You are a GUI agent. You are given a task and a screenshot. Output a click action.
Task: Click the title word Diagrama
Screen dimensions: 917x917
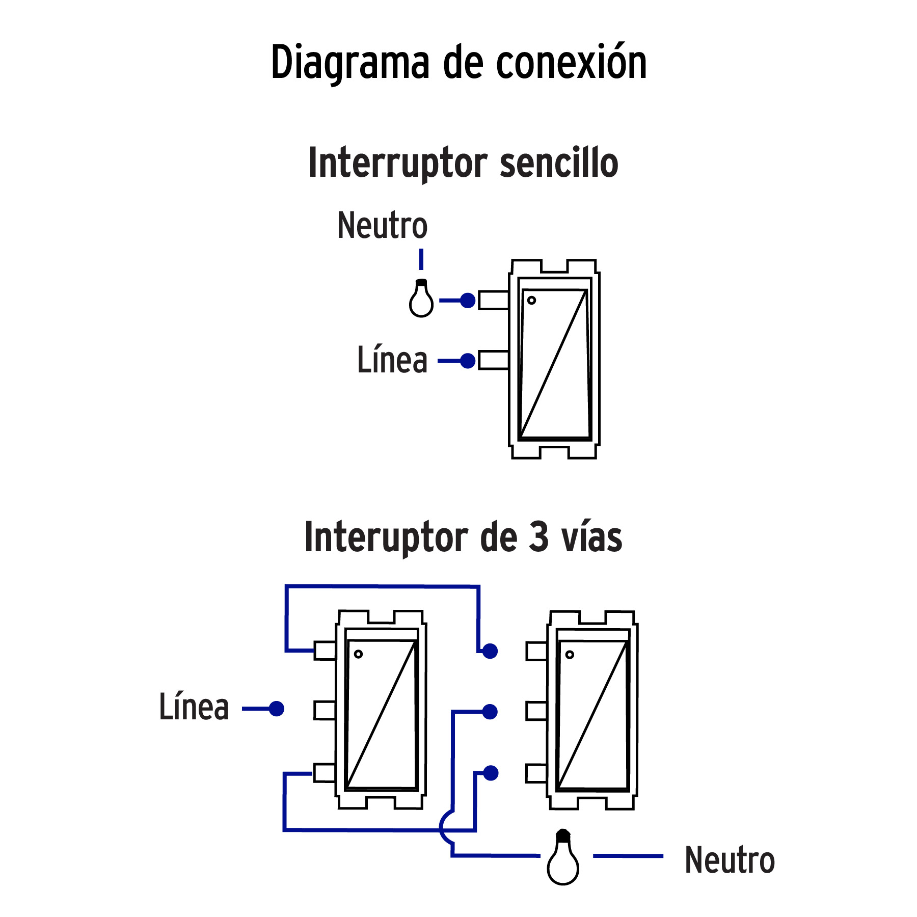click(350, 63)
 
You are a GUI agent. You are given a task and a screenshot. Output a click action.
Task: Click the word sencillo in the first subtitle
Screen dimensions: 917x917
click(559, 163)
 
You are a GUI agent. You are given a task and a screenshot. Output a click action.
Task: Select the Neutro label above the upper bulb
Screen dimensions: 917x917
click(382, 226)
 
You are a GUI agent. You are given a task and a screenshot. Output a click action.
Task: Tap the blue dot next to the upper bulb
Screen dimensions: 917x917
click(468, 301)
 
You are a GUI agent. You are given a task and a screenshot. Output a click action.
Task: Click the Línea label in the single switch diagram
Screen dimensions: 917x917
click(392, 360)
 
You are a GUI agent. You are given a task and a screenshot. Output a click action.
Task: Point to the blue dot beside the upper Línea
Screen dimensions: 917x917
click(468, 361)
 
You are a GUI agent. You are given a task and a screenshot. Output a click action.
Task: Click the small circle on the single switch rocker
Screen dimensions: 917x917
click(531, 300)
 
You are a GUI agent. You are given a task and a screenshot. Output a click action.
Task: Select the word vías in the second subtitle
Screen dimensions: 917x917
click(591, 538)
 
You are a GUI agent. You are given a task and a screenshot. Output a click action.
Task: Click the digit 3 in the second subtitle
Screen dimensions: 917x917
click(538, 537)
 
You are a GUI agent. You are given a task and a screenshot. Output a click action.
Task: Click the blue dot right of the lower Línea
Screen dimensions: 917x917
click(277, 709)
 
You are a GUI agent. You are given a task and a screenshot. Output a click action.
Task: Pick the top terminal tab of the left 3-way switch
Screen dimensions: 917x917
click(325, 651)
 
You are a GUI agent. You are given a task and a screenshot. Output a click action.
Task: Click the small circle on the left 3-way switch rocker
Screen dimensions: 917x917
click(358, 654)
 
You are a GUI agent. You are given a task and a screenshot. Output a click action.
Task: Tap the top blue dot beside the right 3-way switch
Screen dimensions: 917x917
click(490, 651)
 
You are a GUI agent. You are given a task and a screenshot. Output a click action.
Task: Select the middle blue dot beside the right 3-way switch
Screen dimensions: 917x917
click(490, 712)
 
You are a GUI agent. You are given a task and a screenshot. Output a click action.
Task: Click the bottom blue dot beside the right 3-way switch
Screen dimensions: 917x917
click(491, 773)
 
